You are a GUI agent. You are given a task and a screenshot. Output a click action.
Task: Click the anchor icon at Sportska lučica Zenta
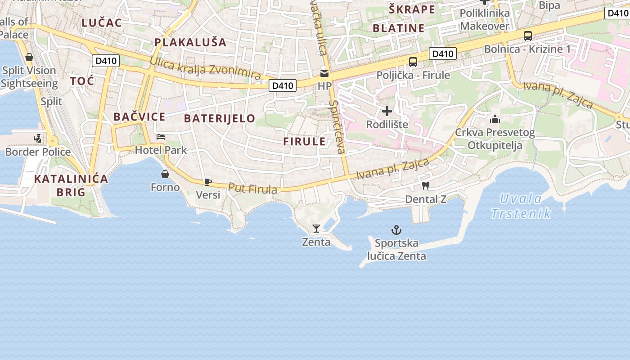[x=396, y=230]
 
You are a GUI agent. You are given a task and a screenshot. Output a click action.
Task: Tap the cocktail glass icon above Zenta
[x=316, y=229]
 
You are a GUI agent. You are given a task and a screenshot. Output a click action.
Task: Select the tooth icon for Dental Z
[x=425, y=185]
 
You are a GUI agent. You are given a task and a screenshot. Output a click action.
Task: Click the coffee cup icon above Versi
[x=207, y=182]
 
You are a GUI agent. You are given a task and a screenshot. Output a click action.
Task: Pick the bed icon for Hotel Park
[x=161, y=137]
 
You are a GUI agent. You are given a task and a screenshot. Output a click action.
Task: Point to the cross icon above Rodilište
[x=387, y=111]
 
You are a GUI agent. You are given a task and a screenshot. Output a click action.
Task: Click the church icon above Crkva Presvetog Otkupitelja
[x=495, y=119]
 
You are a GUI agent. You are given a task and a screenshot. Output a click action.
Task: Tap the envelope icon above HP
[x=324, y=73]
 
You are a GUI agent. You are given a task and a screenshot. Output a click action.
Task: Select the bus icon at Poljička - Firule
[x=413, y=62]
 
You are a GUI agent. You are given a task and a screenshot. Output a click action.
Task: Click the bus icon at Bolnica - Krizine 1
[x=527, y=36]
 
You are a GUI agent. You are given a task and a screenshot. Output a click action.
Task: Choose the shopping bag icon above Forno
[x=165, y=174]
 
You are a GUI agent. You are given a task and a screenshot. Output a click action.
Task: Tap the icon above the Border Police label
[x=38, y=139]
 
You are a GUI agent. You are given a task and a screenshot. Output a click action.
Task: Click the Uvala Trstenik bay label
[x=521, y=206]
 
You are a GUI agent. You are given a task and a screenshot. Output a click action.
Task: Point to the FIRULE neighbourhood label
[x=304, y=141]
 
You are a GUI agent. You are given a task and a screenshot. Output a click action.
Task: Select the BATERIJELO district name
[x=220, y=118]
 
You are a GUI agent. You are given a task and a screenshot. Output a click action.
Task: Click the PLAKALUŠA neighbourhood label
[x=190, y=42]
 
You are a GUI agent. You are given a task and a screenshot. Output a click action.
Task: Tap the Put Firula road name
[x=252, y=188]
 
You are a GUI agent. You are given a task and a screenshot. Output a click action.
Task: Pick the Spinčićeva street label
[x=337, y=127]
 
